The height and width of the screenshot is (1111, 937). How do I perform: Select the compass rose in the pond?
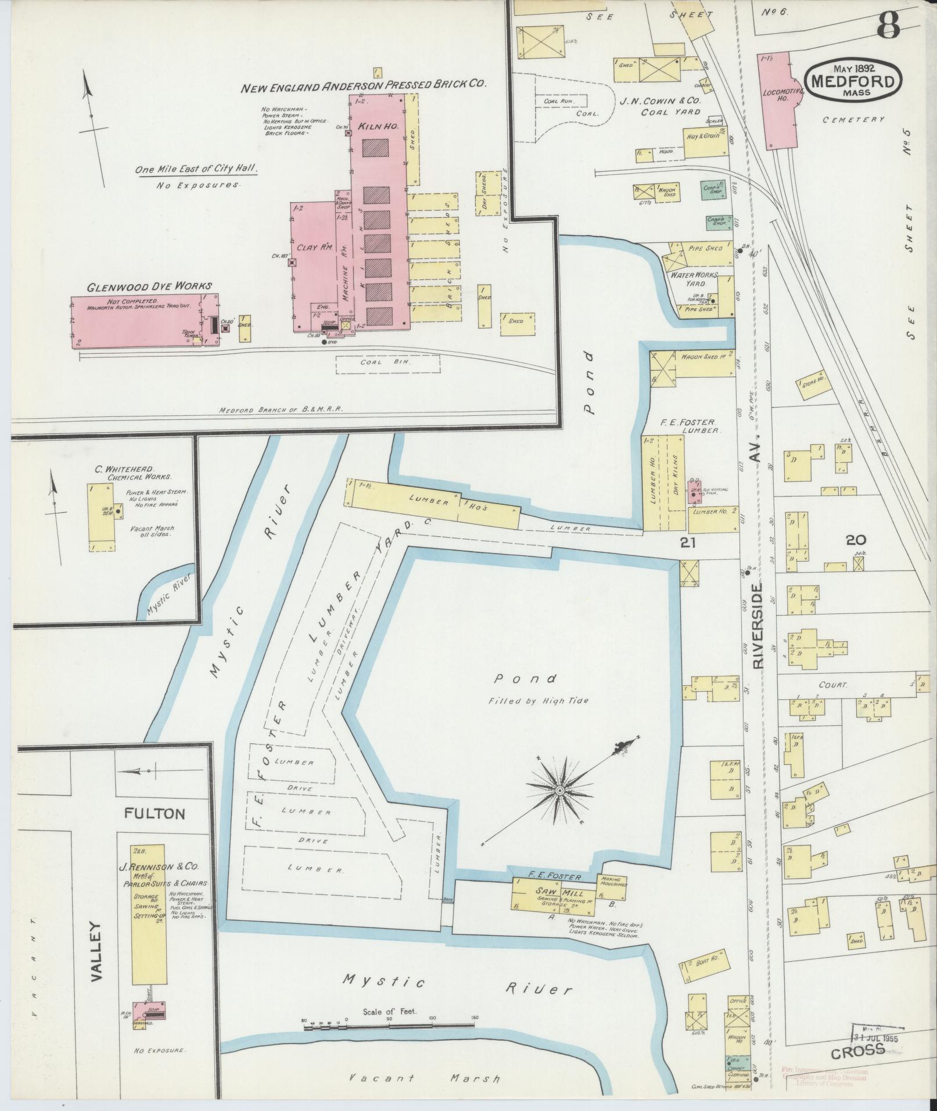coord(559,791)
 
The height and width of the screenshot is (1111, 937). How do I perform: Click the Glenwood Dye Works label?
coord(149,286)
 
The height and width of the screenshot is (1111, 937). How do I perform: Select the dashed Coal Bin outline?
coord(387,364)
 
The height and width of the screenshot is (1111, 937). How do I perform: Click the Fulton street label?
coord(155,814)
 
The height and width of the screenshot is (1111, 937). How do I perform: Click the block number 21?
coord(688,542)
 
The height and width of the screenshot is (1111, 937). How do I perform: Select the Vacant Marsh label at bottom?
coord(424,1078)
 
